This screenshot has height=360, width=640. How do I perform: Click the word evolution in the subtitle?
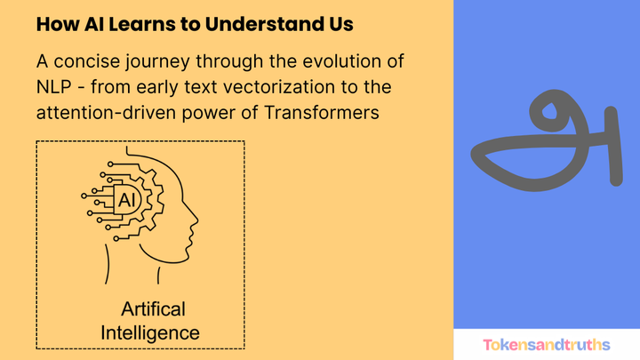[x=361, y=64]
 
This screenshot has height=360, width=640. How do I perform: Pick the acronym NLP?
[x=57, y=88]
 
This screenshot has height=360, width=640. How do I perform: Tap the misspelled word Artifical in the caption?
[x=152, y=310]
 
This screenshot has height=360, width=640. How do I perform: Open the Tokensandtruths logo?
[x=546, y=344]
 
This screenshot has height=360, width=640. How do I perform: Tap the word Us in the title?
[x=339, y=25]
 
